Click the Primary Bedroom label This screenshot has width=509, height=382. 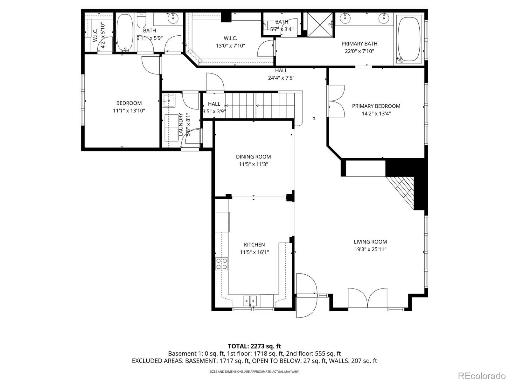coord(376,106)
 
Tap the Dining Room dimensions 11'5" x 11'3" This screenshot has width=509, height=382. coord(254,164)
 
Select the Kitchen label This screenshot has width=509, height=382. coord(254,244)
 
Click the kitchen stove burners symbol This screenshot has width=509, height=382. coord(222,264)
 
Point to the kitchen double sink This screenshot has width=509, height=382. coord(250,300)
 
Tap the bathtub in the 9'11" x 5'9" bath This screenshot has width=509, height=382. coord(125,32)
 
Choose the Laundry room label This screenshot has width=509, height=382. coord(180,124)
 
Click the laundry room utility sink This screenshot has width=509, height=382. coord(169,101)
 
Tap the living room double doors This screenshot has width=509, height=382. coord(368,298)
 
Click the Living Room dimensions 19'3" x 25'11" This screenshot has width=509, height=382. coord(370,249)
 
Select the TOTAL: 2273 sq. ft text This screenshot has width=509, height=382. coord(254,346)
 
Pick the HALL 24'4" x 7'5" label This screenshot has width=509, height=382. coord(281,74)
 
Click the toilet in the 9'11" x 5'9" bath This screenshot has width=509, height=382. coord(141,21)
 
